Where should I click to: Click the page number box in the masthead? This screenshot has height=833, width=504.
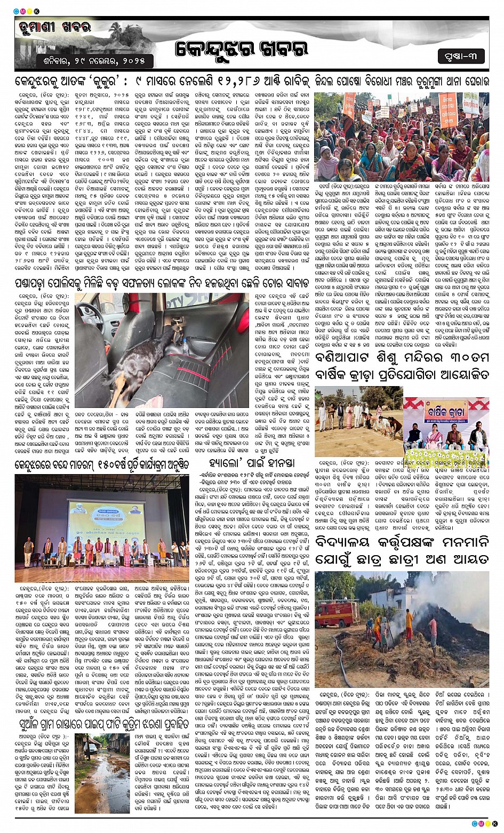[461, 55]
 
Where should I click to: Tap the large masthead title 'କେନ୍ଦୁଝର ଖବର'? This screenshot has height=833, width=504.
[242, 50]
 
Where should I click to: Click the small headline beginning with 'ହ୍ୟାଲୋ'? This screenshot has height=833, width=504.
[251, 462]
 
